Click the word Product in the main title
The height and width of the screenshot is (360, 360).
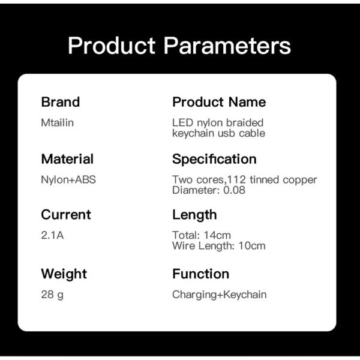click(x=112, y=46)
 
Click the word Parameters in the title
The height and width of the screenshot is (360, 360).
click(x=227, y=46)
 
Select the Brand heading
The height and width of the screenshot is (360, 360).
click(x=61, y=102)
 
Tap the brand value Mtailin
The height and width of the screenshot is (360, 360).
click(x=58, y=122)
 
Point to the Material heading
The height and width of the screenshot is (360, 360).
click(x=67, y=159)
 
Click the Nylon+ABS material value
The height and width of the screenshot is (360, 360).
click(x=68, y=180)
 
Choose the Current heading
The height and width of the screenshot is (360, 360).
click(x=66, y=215)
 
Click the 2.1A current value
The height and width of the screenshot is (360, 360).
click(x=52, y=235)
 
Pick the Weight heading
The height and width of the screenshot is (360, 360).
click(x=64, y=274)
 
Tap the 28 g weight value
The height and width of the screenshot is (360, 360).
click(x=52, y=295)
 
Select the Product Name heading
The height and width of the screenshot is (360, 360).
click(x=219, y=102)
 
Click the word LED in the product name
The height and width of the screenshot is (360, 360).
click(x=183, y=122)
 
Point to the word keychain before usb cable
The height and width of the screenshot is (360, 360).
click(x=193, y=133)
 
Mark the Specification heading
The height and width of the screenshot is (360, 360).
click(x=214, y=159)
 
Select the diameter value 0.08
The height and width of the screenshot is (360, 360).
click(x=234, y=190)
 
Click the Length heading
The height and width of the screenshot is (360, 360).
click(x=194, y=215)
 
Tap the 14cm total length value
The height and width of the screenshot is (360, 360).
click(x=217, y=235)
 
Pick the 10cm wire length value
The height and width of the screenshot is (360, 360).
click(x=252, y=246)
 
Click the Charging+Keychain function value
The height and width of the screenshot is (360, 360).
click(x=220, y=295)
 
